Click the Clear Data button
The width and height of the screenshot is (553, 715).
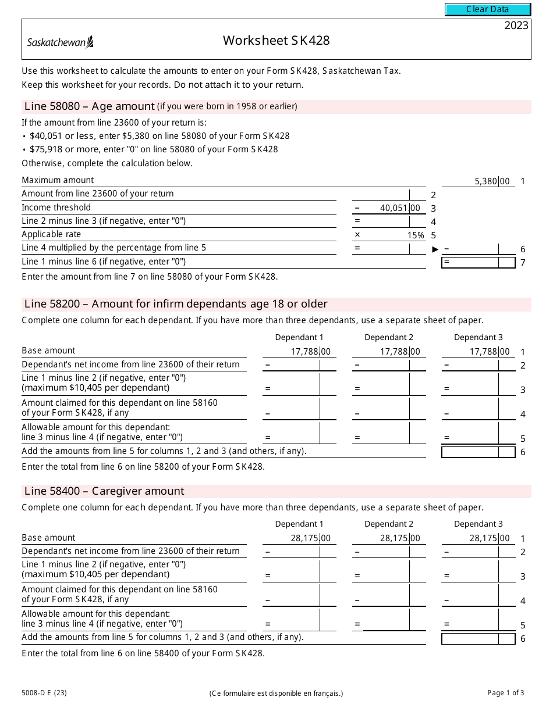pyautogui.click(x=488, y=9)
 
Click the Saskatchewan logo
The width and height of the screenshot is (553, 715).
pyautogui.click(x=61, y=42)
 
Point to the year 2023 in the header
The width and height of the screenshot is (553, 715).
pyautogui.click(x=516, y=25)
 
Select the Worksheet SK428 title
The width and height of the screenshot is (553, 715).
pyautogui.click(x=276, y=40)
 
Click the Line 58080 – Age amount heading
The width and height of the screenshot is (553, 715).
pyautogui.click(x=90, y=106)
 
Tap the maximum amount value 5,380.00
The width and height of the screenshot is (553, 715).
pyautogui.click(x=492, y=181)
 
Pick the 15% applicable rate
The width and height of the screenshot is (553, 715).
pyautogui.click(x=416, y=235)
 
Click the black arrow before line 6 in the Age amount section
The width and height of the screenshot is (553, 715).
pyautogui.click(x=435, y=249)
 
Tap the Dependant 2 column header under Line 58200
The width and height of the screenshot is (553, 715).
pyautogui.click(x=389, y=337)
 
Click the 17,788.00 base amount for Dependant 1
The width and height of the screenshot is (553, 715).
pyautogui.click(x=310, y=352)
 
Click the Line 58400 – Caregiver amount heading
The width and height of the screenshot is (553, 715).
pyautogui.click(x=104, y=491)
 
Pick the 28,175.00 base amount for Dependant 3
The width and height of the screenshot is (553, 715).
pyautogui.click(x=490, y=538)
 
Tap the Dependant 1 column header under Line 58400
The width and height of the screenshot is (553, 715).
pyautogui.click(x=299, y=524)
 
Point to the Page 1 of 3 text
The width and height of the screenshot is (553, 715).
pyautogui.click(x=505, y=692)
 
